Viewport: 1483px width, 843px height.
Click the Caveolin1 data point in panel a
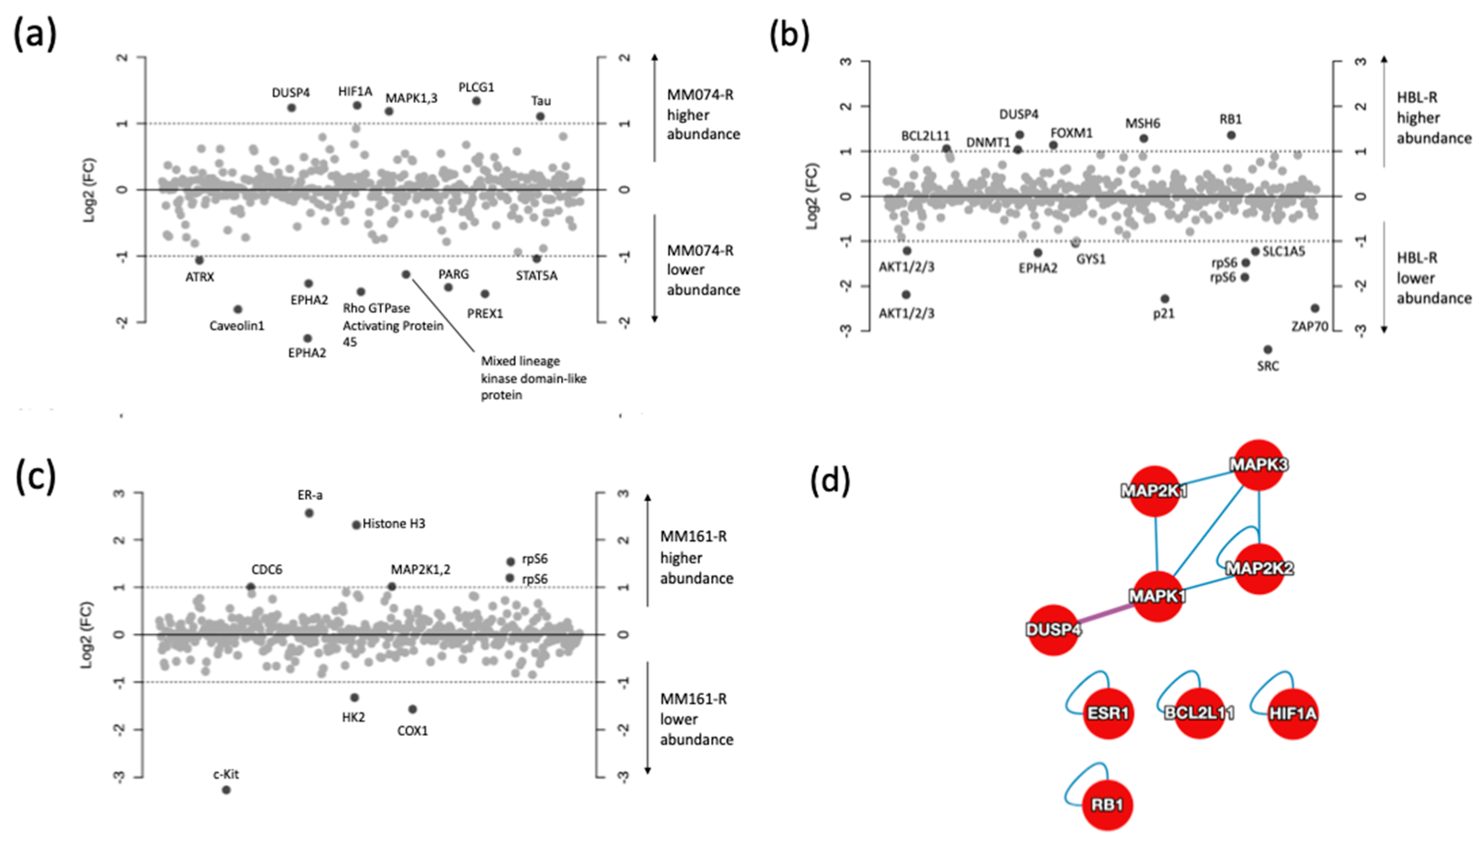tap(237, 309)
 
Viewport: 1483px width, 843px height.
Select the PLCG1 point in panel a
tap(477, 101)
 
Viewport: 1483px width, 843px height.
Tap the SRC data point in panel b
tap(1268, 349)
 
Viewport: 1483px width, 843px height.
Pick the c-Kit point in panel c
tap(226, 790)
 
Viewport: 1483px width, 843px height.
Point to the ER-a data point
tap(309, 513)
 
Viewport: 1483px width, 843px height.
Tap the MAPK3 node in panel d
tap(1259, 465)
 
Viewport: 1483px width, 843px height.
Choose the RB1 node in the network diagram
tap(1107, 805)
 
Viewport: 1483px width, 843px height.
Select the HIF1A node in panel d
tap(1293, 713)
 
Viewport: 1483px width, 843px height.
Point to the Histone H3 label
tap(394, 524)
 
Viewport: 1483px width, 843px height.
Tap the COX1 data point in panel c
tap(412, 709)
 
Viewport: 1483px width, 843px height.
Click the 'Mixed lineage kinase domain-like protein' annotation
tap(533, 378)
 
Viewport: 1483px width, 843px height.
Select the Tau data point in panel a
tap(540, 116)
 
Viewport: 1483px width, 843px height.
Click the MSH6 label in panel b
tap(1143, 123)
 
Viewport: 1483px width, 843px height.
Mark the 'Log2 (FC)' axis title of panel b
tap(812, 196)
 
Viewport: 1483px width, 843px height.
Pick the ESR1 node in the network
tap(1107, 713)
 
